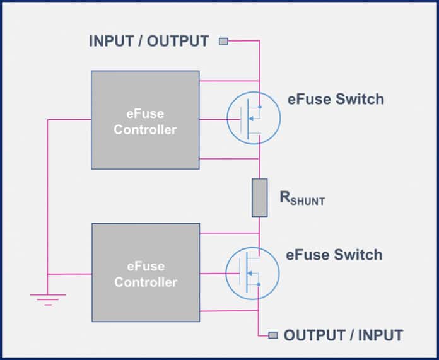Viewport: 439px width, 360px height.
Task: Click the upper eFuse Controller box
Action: tap(145, 120)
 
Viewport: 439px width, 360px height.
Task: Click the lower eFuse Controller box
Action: tap(145, 273)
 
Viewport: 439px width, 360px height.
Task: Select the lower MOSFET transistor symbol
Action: tap(252, 273)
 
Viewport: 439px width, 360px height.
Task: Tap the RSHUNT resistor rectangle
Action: tap(259, 197)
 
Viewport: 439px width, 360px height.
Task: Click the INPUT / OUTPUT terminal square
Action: tap(223, 42)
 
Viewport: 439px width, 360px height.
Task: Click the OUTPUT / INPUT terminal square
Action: tap(272, 335)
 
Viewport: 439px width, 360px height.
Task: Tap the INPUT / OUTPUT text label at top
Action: tap(149, 42)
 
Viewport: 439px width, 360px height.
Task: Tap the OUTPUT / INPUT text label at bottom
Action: tap(343, 335)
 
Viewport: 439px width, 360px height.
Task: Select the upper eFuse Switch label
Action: tap(335, 99)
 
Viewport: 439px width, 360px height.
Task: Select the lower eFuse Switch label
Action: tap(334, 255)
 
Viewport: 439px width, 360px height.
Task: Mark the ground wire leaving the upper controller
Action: tap(69, 120)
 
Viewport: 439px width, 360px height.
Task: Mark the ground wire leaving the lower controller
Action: tap(69, 274)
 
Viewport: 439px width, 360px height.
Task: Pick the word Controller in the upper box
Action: tap(146, 130)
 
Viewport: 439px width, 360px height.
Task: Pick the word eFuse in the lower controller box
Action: tap(146, 267)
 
